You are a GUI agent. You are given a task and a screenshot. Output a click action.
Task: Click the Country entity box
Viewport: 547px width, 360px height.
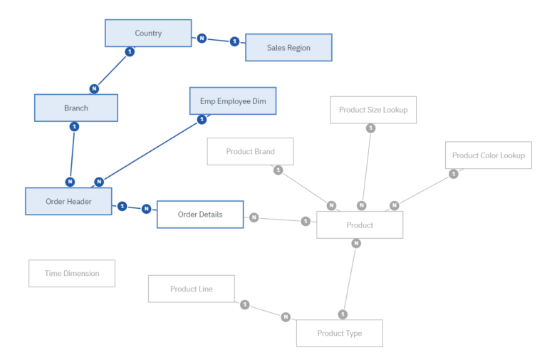click(x=148, y=33)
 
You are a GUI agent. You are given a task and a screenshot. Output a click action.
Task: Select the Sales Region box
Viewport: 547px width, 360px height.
click(x=288, y=48)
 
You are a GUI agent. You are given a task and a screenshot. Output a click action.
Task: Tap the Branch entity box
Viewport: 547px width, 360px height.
click(x=76, y=108)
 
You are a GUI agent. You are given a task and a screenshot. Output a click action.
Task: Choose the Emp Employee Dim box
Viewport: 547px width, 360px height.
click(x=232, y=101)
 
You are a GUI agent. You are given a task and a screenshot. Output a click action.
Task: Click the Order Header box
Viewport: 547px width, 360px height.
click(x=68, y=201)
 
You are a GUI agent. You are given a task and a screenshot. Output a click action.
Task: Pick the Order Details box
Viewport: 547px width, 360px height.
click(x=199, y=214)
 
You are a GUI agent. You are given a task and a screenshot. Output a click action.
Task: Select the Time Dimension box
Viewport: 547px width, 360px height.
click(x=72, y=273)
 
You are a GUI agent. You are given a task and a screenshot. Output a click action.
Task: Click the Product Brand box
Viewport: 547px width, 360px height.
click(x=250, y=151)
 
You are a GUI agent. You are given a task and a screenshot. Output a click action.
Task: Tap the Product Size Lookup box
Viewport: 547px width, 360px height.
click(x=373, y=110)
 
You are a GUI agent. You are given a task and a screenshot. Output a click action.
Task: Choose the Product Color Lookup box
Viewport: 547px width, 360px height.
click(x=488, y=155)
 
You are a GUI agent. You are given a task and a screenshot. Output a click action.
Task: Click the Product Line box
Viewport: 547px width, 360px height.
click(x=192, y=289)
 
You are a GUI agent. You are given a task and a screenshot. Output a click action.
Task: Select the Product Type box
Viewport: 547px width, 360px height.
click(x=339, y=333)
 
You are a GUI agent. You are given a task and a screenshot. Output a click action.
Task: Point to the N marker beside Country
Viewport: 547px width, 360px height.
click(x=202, y=38)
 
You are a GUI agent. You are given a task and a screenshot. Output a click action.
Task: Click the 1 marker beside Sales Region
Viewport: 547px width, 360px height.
click(x=234, y=41)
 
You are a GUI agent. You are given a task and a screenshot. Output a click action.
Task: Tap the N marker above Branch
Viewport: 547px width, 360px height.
click(x=94, y=88)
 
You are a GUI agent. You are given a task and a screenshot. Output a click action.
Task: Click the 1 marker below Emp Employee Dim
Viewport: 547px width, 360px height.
click(x=202, y=119)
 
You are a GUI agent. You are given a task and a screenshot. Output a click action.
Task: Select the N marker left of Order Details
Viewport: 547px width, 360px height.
click(x=146, y=209)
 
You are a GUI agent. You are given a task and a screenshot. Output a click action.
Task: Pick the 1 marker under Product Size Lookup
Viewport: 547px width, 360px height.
click(x=370, y=128)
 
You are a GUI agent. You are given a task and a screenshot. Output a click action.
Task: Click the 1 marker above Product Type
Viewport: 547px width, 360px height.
click(x=343, y=314)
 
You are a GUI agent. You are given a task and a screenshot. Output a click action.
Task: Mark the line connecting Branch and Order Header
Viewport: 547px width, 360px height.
click(x=72, y=154)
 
